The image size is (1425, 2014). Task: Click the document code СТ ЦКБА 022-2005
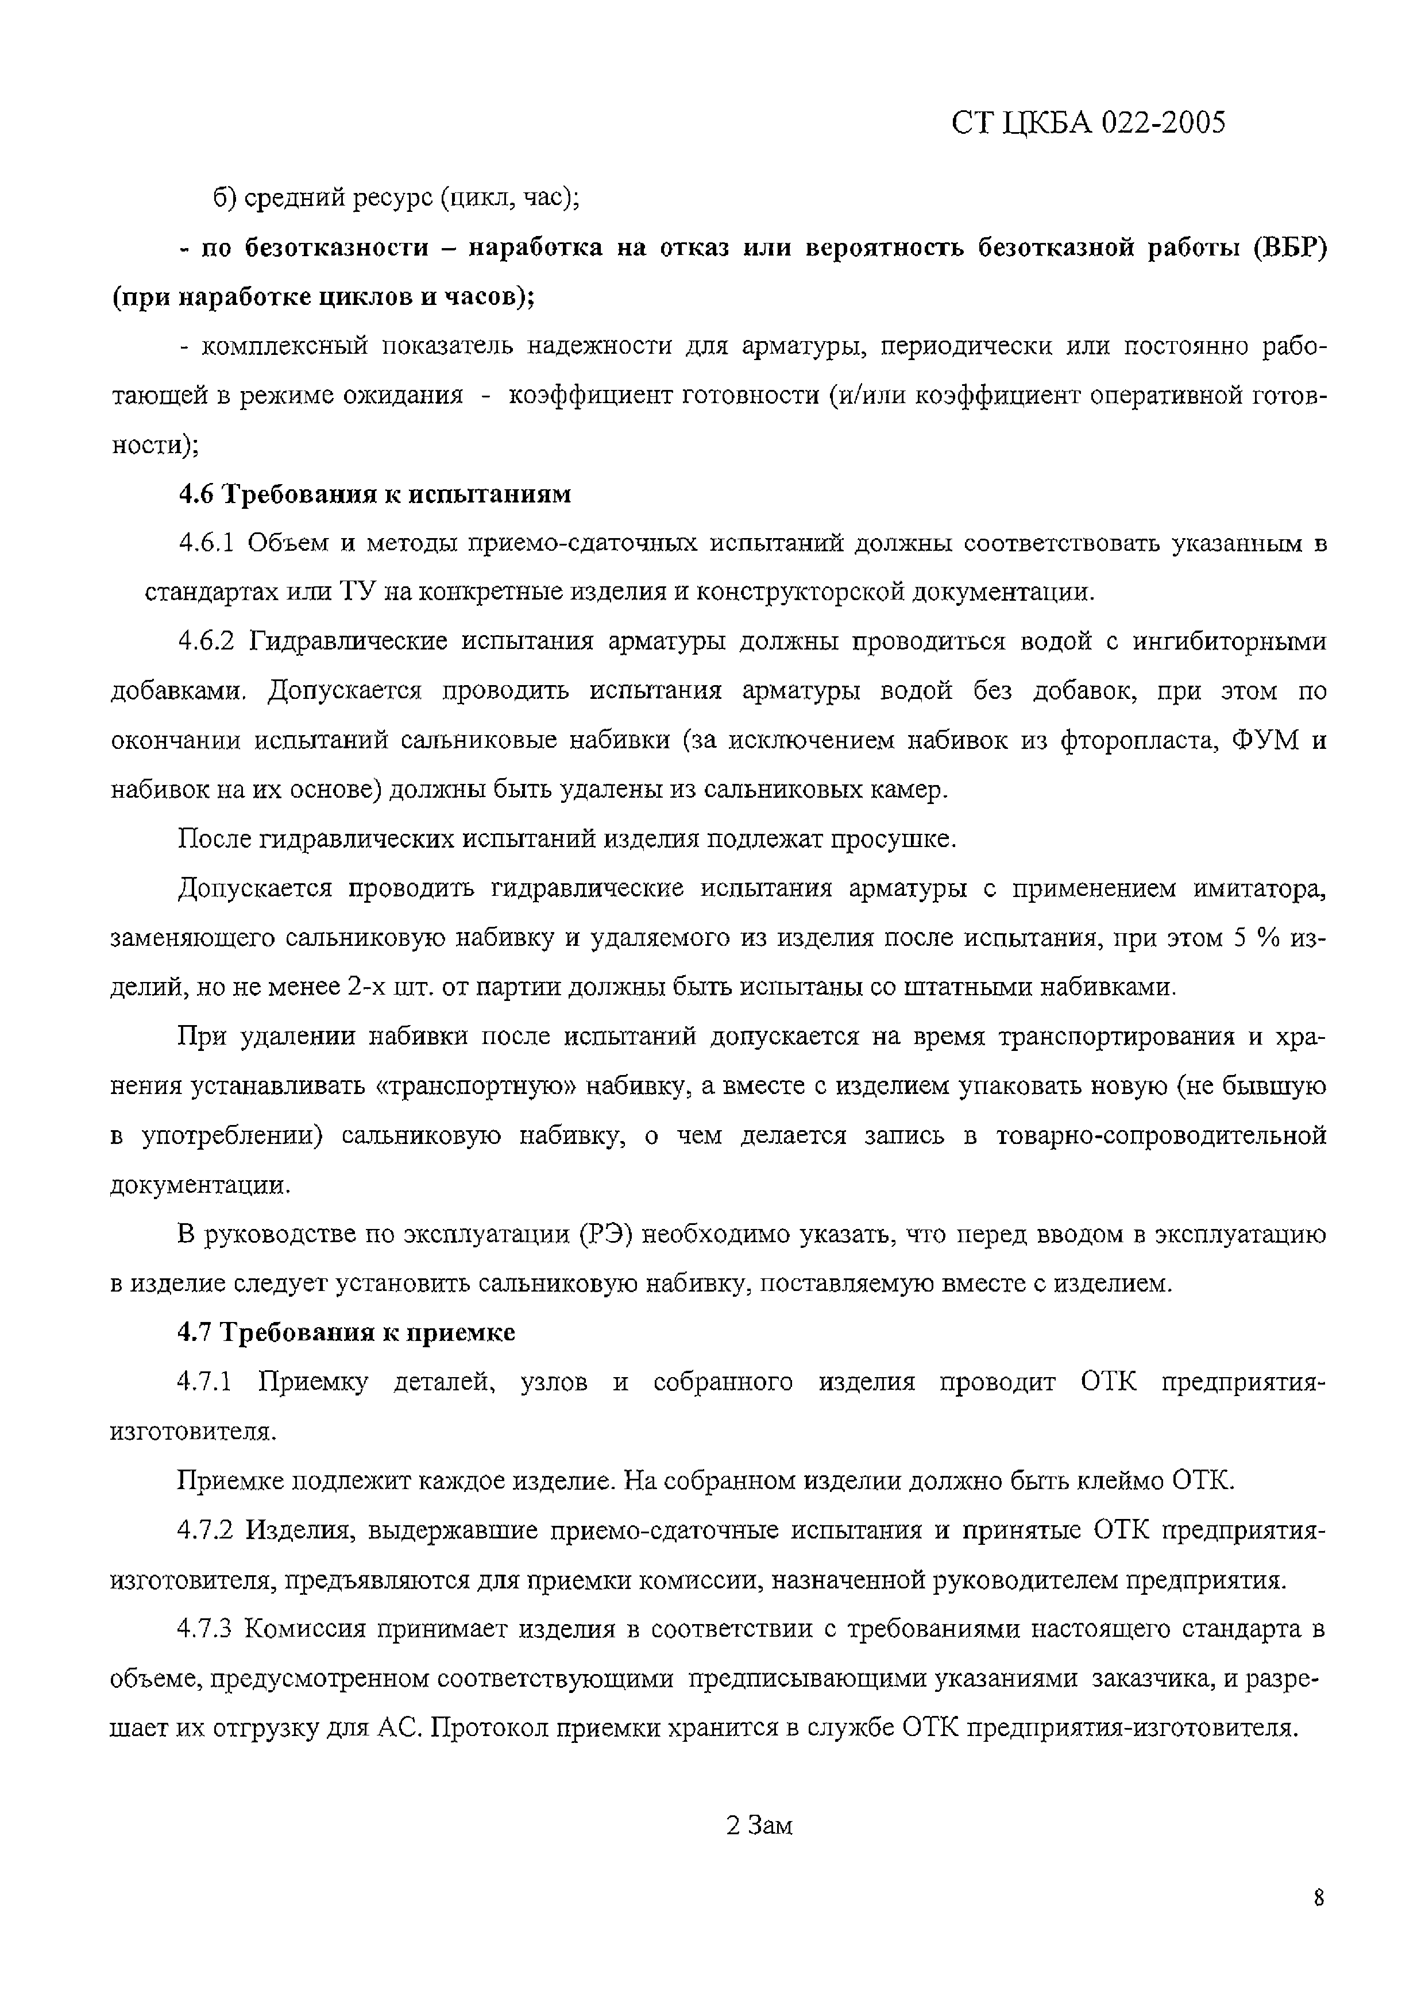tap(1087, 123)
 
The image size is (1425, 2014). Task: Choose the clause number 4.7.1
tap(204, 1382)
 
